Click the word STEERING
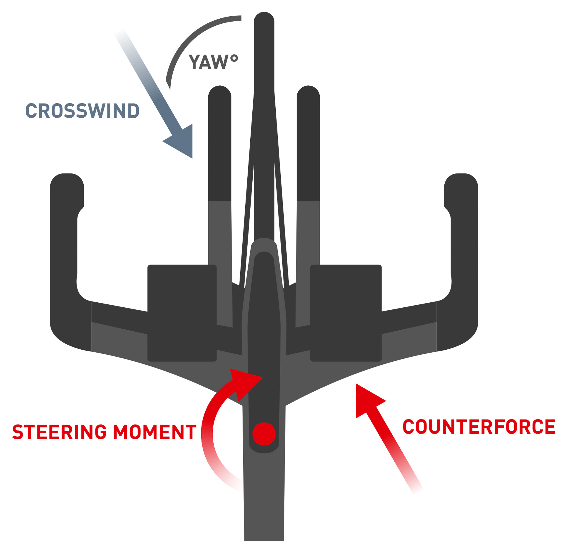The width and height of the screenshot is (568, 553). point(60,432)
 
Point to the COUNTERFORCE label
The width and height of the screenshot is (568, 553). point(479,427)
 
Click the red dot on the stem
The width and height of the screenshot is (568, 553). point(264,434)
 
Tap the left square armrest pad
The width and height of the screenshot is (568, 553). point(182,313)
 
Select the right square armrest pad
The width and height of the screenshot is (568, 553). point(346,313)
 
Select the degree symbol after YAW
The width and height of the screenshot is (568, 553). point(234,58)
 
